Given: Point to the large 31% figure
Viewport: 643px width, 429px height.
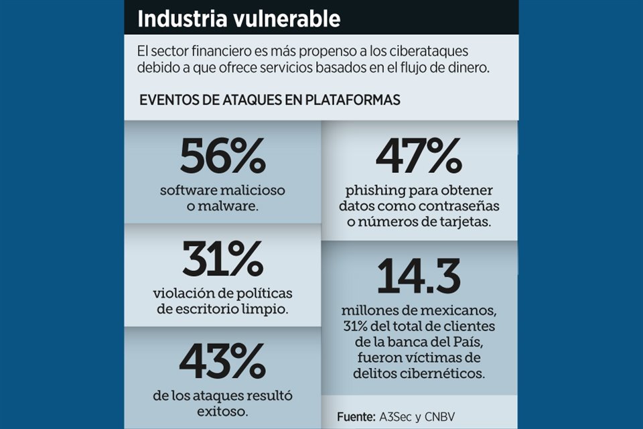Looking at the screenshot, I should coord(222,260).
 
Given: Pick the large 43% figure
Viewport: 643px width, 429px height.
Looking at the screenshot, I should coord(222,363).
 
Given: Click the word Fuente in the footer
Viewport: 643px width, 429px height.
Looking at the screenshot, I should coord(356,416).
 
